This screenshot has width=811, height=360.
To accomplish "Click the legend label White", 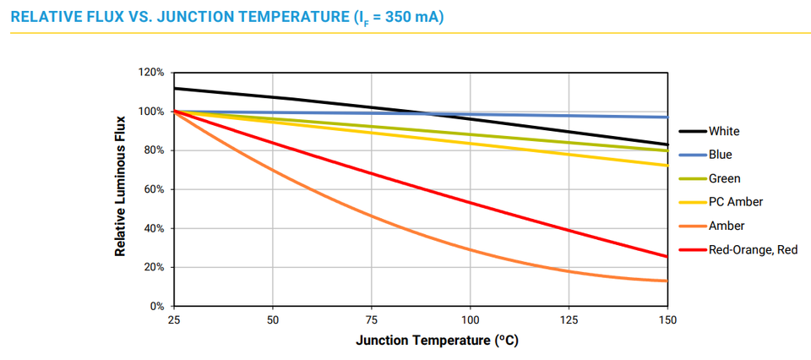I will coord(724,131).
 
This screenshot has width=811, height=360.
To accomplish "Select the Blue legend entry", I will coord(721,155).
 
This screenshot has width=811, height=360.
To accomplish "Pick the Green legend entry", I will coord(724,178).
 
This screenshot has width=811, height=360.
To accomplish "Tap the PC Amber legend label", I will coord(736,202).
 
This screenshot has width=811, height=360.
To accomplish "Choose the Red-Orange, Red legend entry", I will coord(752,250).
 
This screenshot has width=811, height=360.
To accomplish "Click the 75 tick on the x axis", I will coord(371,321).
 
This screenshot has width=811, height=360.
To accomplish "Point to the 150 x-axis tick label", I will coord(667,321).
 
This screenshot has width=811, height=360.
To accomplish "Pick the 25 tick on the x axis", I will coord(173,321).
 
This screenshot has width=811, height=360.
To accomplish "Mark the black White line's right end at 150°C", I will coord(667,145).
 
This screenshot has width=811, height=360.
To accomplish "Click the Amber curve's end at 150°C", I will coord(667,281).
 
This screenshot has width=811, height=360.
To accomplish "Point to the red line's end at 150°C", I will coord(667,256).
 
